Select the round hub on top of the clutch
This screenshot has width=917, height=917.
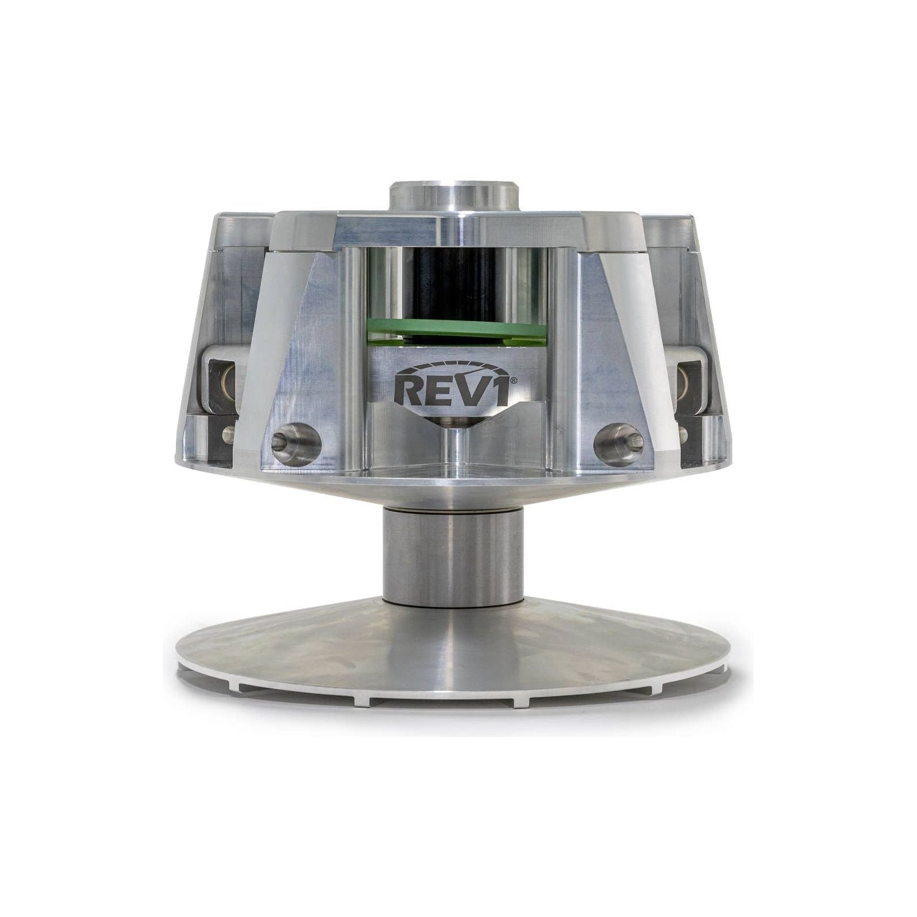point(456,198)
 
